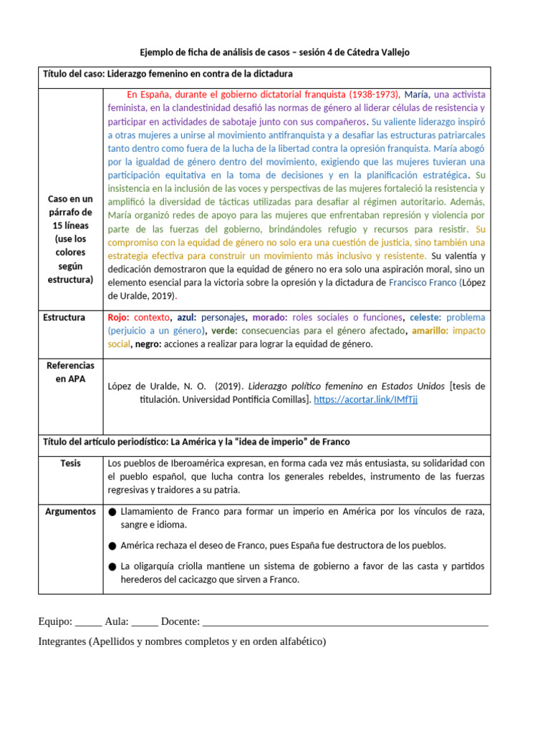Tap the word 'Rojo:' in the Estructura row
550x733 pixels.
click(118, 317)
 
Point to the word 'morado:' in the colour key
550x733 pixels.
click(269, 317)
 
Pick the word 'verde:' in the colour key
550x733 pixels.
click(225, 331)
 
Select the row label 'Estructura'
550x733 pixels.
click(64, 317)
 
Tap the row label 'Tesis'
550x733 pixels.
click(70, 463)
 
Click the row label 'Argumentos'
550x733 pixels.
click(70, 511)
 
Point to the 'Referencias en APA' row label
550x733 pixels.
click(69, 372)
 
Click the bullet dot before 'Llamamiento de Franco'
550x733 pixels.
click(112, 512)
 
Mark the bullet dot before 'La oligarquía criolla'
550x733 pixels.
click(112, 567)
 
